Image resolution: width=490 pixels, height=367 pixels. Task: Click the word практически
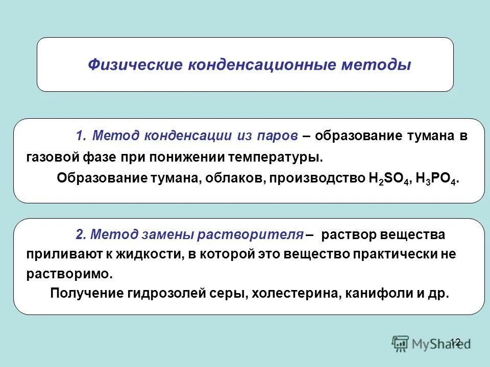pos(394,254)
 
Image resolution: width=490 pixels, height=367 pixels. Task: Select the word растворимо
pos(68,274)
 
